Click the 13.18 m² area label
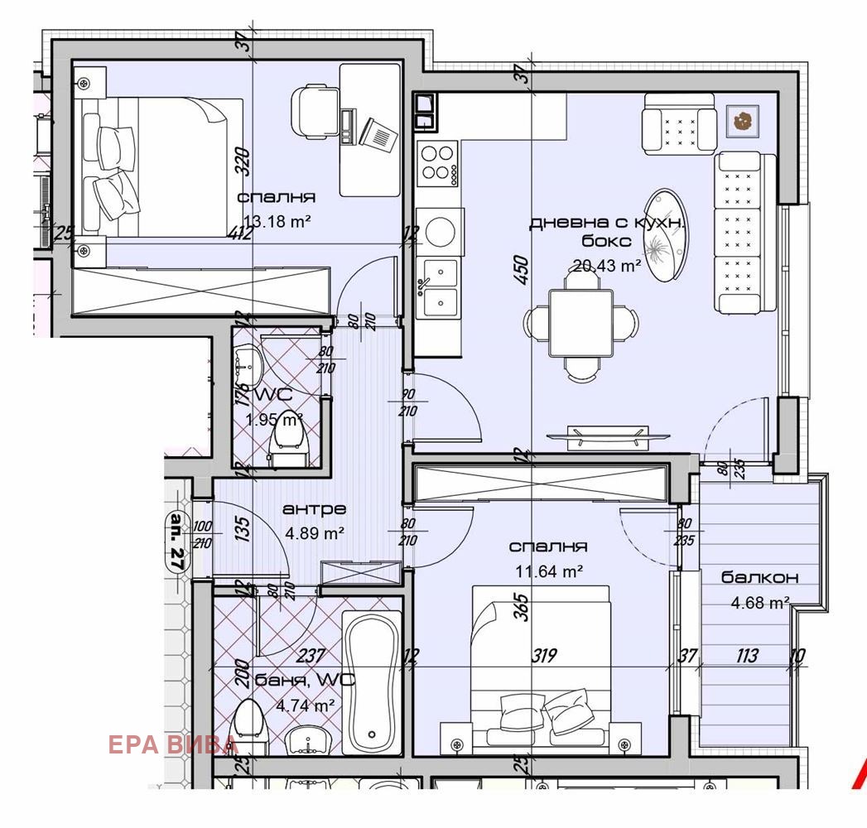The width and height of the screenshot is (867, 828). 276,219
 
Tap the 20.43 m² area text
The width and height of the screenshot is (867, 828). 607,266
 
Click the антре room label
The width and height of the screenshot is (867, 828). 314,508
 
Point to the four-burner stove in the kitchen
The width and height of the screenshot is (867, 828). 437,162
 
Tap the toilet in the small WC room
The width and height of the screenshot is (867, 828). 289,435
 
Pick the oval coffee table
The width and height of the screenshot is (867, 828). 666,237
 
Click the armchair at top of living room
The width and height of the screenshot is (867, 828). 679,123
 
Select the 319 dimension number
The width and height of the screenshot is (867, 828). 543,657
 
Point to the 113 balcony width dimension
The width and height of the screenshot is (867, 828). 746,657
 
